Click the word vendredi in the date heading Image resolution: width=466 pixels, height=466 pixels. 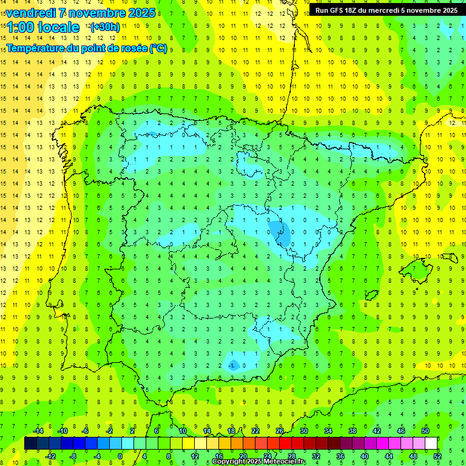(30, 13)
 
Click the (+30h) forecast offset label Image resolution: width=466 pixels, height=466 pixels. (105, 27)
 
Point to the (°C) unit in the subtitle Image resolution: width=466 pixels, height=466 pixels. (158, 48)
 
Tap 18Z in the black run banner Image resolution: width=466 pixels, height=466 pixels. (357, 10)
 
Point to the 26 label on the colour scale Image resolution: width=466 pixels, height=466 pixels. (279, 431)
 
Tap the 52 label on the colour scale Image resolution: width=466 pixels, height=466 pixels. (437, 456)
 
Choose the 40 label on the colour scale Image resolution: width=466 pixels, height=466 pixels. (364, 456)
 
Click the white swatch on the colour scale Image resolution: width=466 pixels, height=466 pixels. (431, 444)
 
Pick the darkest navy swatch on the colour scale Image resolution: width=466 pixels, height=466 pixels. (30, 444)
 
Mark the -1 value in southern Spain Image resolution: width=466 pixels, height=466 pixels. (232, 365)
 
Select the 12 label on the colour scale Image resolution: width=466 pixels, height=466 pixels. (194, 456)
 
